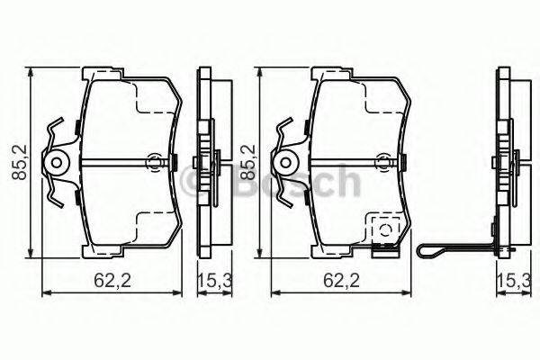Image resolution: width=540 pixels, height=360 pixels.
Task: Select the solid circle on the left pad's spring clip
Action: (x=58, y=162)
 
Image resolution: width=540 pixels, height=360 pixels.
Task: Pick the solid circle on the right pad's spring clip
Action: (x=288, y=162)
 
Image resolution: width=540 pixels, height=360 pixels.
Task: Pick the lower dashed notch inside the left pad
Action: (x=148, y=225)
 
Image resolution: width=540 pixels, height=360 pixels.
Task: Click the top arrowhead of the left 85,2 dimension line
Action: (x=32, y=72)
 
